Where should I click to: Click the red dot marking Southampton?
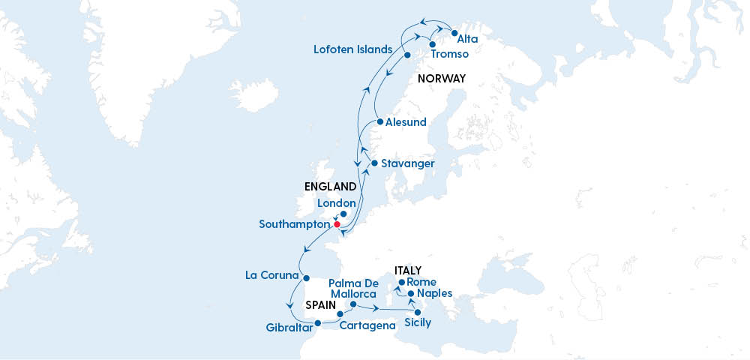click(x=337, y=224)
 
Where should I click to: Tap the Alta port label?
click(x=467, y=38)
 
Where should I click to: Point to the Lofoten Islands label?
click(x=353, y=49)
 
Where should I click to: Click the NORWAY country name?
click(x=442, y=78)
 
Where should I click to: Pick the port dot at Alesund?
click(x=380, y=122)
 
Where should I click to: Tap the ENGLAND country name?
click(x=330, y=187)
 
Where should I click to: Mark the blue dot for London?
click(x=343, y=214)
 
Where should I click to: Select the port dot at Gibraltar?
click(x=317, y=323)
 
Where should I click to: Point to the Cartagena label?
click(x=367, y=325)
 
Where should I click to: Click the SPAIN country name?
click(x=321, y=306)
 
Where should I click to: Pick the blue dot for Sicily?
click(x=407, y=312)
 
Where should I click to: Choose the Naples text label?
click(x=434, y=293)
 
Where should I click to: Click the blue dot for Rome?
click(x=402, y=282)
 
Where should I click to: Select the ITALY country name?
click(x=408, y=270)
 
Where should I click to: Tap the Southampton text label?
click(x=294, y=224)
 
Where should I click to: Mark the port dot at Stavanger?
click(x=374, y=162)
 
